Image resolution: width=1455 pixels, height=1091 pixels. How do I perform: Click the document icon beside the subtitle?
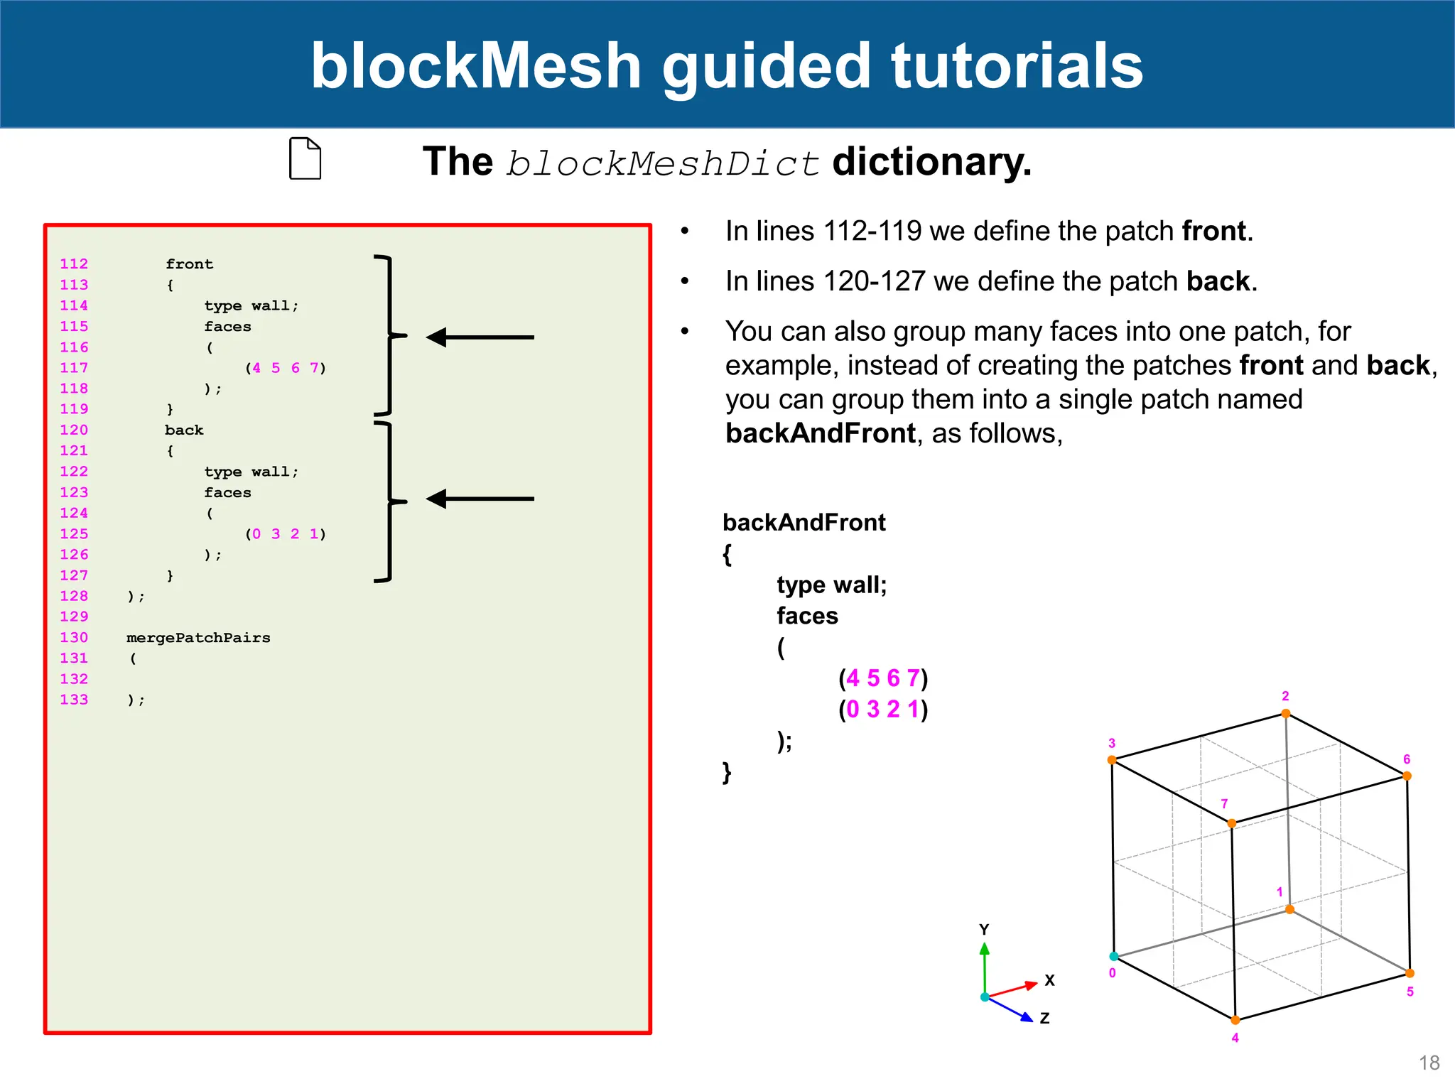click(305, 158)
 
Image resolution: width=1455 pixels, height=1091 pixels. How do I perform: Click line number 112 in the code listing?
click(74, 264)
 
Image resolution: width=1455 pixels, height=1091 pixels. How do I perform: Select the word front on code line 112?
click(189, 264)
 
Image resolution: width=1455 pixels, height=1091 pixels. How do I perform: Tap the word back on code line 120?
click(184, 430)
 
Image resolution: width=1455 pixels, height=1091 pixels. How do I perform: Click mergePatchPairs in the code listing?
click(198, 638)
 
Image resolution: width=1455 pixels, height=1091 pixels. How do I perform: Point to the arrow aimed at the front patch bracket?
click(480, 337)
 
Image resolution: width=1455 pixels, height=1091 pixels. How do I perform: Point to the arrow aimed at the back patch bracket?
click(480, 499)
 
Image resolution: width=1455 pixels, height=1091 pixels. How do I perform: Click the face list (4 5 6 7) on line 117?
click(286, 368)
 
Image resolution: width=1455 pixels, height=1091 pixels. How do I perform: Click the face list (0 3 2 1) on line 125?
click(286, 534)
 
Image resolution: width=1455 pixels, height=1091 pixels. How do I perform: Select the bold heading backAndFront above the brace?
click(804, 523)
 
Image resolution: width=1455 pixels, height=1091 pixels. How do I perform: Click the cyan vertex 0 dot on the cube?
click(1114, 957)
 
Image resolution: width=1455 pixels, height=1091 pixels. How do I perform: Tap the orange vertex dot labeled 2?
click(1286, 714)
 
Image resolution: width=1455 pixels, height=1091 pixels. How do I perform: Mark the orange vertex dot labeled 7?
click(1232, 823)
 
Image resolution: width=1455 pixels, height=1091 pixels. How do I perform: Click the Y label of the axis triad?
click(984, 930)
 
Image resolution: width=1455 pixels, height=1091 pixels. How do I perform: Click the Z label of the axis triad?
click(1044, 1019)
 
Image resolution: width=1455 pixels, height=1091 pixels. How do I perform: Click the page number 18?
click(1429, 1063)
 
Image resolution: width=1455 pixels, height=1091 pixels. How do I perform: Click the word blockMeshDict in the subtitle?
click(663, 163)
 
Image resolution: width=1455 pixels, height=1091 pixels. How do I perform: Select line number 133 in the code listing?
click(74, 700)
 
